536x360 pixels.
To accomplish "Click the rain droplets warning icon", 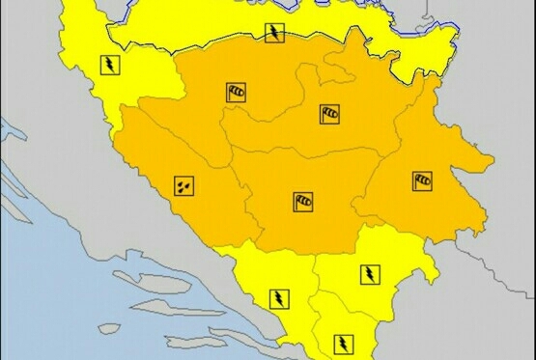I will (183, 183).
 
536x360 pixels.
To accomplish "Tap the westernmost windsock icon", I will (236, 93).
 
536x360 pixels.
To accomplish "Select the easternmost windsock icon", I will (422, 180).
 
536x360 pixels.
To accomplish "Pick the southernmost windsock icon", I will (303, 202).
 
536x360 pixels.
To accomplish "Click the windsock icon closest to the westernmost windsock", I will (329, 115).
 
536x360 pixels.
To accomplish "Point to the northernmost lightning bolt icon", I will (275, 35).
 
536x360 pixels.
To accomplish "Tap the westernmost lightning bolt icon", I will (110, 66).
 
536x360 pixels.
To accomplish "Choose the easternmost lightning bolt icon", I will (369, 274).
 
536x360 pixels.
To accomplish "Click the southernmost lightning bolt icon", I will (342, 342).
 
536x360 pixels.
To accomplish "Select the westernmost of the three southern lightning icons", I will (277, 297).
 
